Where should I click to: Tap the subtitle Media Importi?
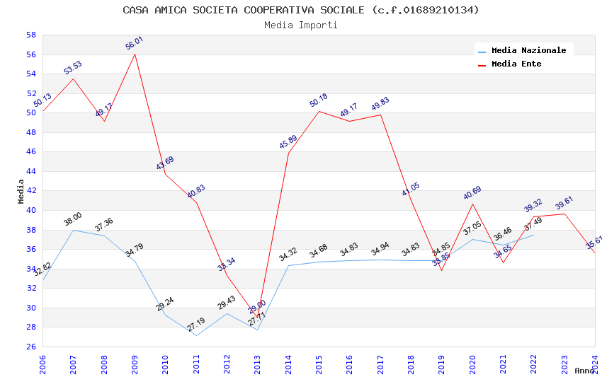300,25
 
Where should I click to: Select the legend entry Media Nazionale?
528,50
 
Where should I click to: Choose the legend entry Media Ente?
516,64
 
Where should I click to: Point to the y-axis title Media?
21,191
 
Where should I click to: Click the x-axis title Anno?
584,371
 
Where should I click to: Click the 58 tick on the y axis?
31,35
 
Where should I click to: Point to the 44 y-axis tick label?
31,171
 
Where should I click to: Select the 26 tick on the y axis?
31,347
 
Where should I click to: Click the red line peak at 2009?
135,54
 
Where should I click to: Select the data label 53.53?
73,67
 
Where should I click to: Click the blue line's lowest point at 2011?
196,335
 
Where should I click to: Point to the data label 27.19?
196,325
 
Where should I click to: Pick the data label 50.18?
318,100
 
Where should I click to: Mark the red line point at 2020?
472,204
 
